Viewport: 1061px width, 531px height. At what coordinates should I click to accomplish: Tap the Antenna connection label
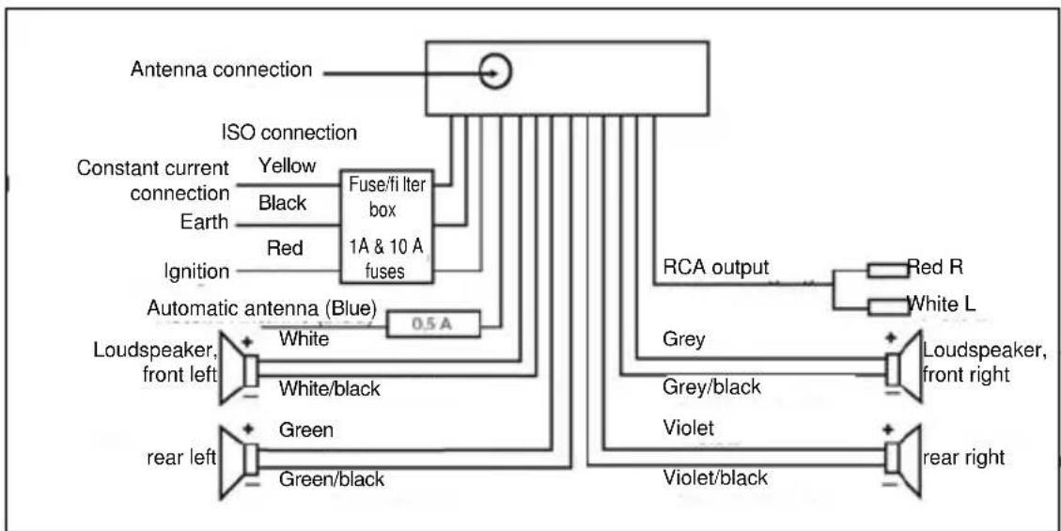(221, 70)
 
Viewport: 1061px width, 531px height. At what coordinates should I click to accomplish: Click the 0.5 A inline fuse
(433, 324)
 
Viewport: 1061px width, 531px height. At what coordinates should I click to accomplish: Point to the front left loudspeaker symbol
(239, 367)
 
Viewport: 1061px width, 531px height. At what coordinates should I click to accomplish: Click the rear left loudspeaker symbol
(239, 460)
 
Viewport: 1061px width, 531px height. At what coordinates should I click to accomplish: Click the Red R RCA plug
(885, 271)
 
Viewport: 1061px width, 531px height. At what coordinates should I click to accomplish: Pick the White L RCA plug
(885, 306)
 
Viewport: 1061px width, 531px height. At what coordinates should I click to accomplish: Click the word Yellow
(288, 166)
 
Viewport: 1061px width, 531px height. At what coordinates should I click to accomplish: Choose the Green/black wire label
(332, 478)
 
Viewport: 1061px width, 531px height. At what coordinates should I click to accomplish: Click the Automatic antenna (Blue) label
(262, 307)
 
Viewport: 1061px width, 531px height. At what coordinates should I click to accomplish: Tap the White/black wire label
(330, 387)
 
